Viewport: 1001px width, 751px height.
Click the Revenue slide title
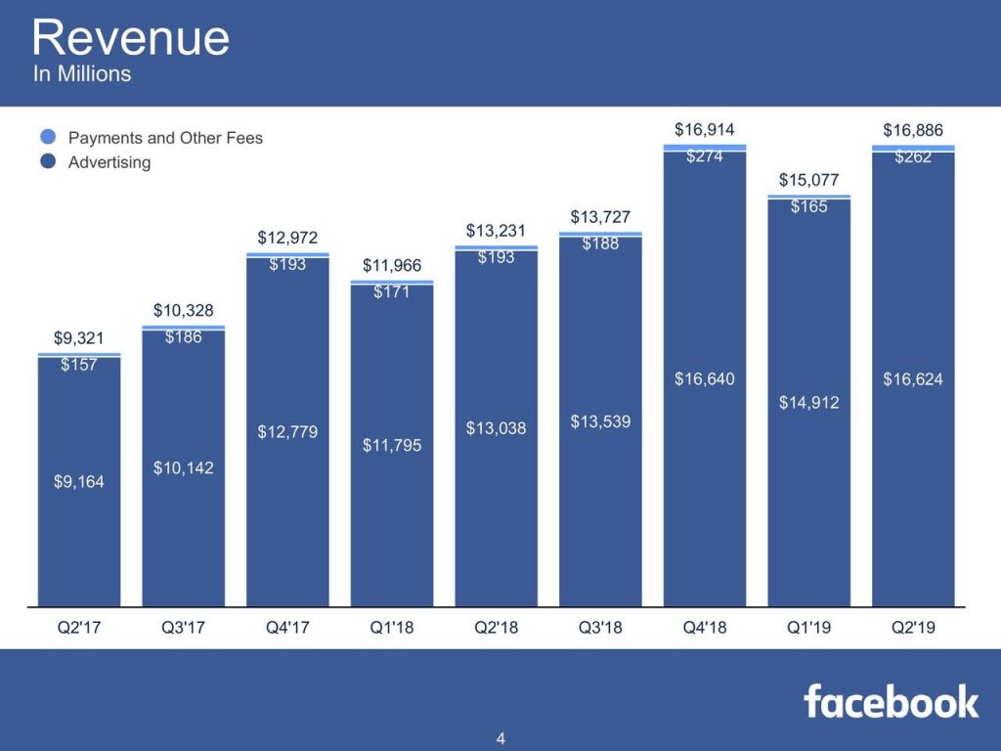tap(130, 38)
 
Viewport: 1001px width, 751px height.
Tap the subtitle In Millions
tap(82, 74)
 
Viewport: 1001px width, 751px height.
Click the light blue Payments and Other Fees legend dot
tap(48, 138)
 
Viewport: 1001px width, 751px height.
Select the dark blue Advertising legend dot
tap(48, 162)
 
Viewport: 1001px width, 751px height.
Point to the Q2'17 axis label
tap(79, 628)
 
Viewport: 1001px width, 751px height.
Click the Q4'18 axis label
tap(705, 628)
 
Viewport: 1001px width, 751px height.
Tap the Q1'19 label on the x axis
tap(808, 628)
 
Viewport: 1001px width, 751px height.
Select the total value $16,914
tap(705, 129)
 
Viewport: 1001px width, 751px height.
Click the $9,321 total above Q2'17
tap(79, 338)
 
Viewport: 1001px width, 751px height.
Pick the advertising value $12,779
tap(287, 431)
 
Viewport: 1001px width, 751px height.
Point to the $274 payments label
tap(705, 155)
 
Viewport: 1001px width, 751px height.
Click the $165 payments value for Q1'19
tap(809, 206)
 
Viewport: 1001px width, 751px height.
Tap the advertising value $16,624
tap(913, 379)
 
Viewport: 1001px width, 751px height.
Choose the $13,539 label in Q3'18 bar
tap(600, 421)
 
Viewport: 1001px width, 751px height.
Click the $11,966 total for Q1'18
tap(392, 265)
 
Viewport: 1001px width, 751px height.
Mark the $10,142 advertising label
tap(183, 468)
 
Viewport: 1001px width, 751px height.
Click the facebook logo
tap(891, 701)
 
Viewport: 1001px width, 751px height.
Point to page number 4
tap(500, 738)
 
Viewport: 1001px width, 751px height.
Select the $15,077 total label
tap(809, 179)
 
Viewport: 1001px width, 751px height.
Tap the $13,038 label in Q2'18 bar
tap(496, 427)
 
